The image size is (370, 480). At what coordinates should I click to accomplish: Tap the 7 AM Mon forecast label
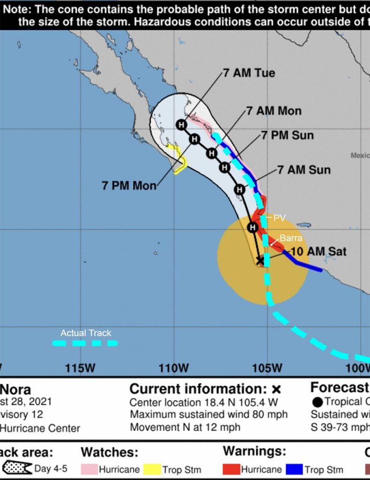[x=274, y=111]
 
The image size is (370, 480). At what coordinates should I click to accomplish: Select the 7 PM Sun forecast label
[x=287, y=135]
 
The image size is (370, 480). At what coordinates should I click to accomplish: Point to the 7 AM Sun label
[x=304, y=170]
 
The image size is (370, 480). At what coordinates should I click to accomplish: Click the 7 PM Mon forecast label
[x=129, y=185]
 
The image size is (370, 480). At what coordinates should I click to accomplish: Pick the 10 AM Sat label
[x=318, y=251]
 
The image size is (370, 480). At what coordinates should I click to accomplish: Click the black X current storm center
[x=260, y=260]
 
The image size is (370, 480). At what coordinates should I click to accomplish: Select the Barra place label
[x=291, y=238]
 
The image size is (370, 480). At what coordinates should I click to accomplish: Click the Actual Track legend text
[x=86, y=333]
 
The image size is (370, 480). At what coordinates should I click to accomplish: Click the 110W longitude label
[x=173, y=368]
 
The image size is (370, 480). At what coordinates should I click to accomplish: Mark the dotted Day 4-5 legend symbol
[x=17, y=468]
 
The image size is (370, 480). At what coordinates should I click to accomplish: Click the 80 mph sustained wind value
[x=271, y=414]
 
